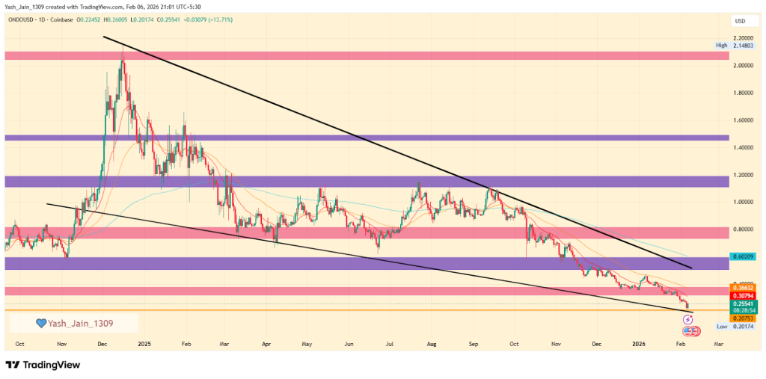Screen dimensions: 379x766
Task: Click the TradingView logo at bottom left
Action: coord(43,365)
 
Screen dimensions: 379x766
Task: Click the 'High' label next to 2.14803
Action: coord(721,46)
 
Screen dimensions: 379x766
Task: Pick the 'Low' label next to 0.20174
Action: coord(722,327)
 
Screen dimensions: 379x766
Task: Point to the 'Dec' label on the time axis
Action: coord(102,344)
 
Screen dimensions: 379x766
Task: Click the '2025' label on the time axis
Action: coord(144,344)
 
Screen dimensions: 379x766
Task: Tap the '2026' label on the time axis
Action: coord(638,344)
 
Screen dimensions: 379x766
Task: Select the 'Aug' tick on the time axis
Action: coord(432,344)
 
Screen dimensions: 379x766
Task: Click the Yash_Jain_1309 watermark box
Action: coord(73,323)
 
